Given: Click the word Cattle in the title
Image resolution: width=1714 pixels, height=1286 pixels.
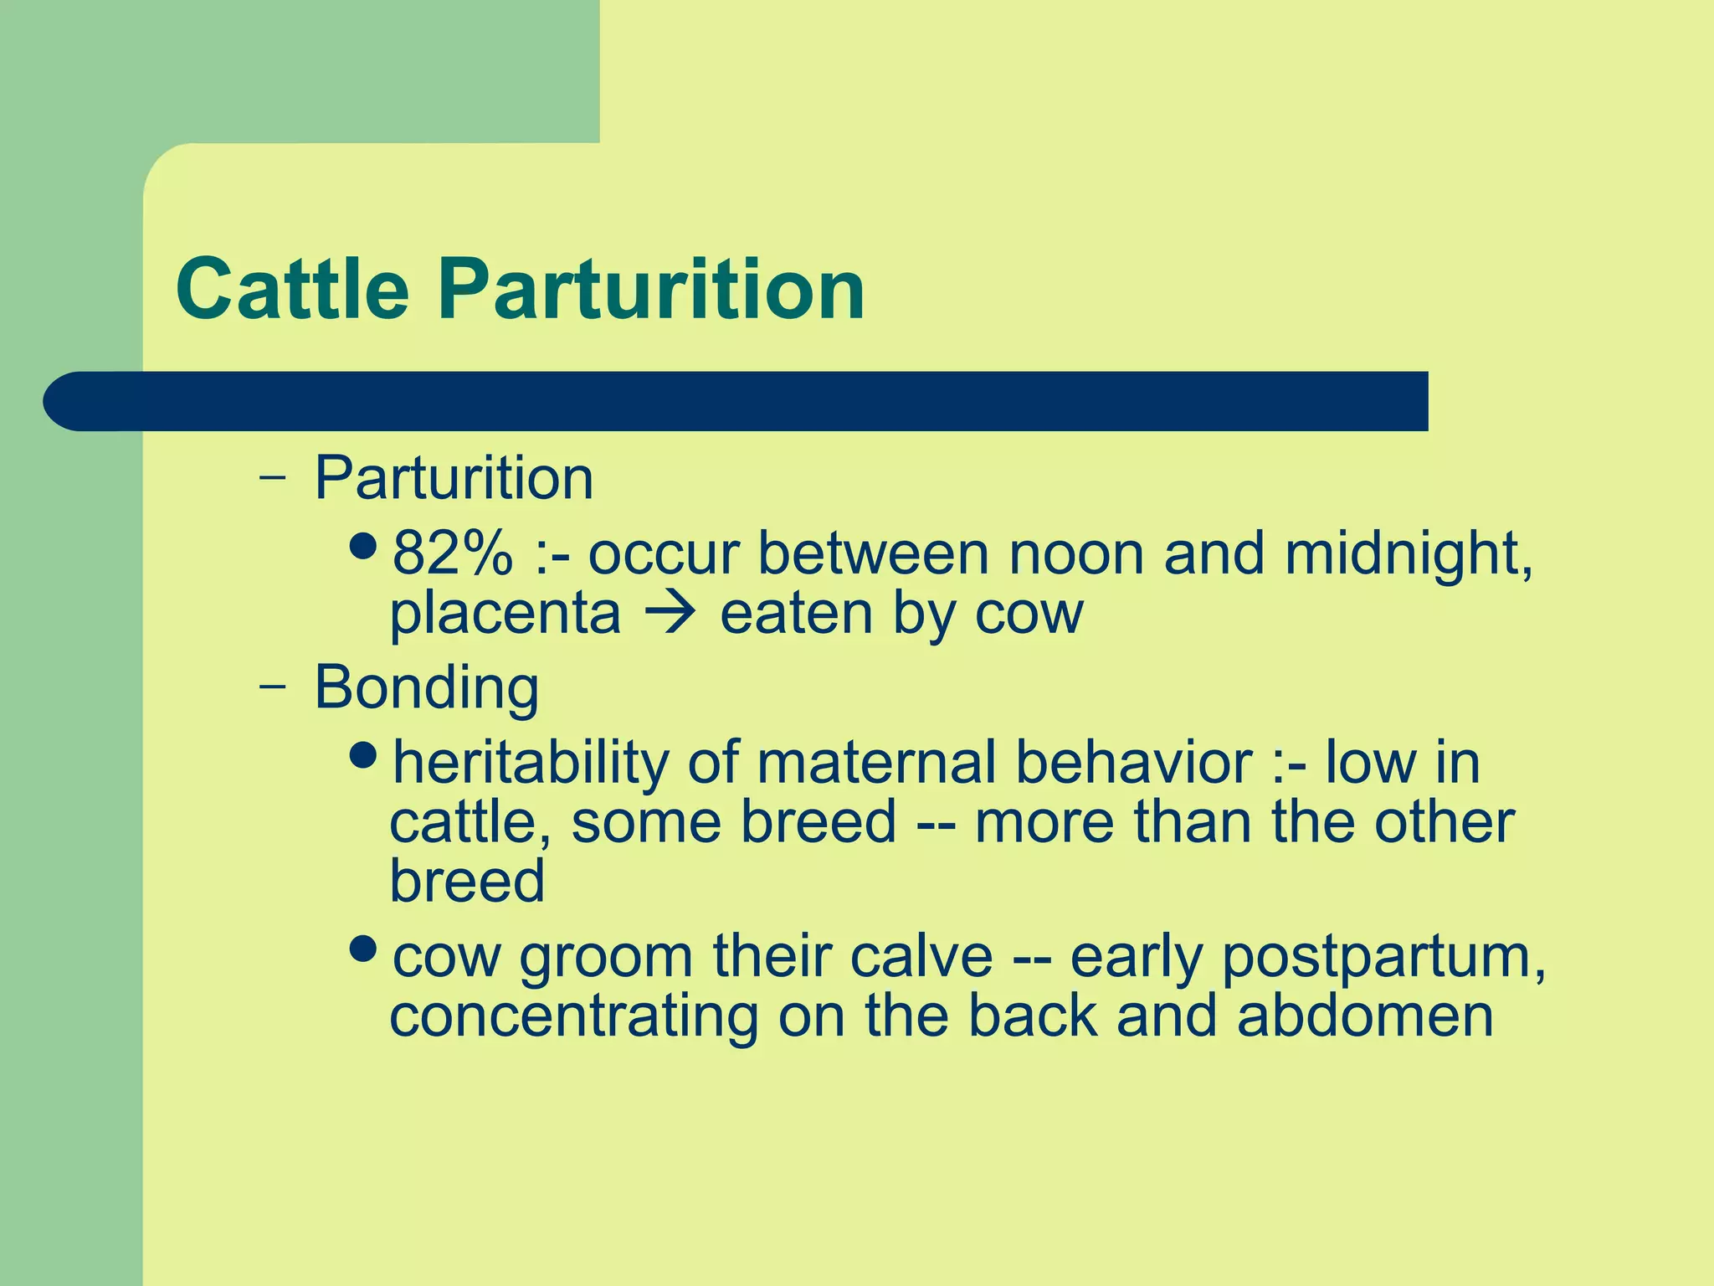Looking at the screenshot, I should coord(292,290).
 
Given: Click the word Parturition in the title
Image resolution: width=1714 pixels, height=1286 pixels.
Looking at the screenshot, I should coord(651,290).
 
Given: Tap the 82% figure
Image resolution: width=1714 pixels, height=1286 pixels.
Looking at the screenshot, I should coord(452,554).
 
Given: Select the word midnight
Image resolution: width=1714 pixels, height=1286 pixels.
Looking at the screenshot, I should coord(1409,554).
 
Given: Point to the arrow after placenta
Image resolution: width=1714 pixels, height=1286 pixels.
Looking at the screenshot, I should coord(670,614).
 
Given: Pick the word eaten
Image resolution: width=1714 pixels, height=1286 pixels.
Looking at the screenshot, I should coord(796,614).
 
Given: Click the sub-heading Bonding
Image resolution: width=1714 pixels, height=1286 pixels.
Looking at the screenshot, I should coord(426,687).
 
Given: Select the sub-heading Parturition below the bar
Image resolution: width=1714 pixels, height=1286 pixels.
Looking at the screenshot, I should coord(454,478).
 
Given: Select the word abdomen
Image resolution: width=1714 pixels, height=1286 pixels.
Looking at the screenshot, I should coord(1364,1016).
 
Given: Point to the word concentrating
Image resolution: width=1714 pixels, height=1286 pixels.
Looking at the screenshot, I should coord(573,1017).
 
